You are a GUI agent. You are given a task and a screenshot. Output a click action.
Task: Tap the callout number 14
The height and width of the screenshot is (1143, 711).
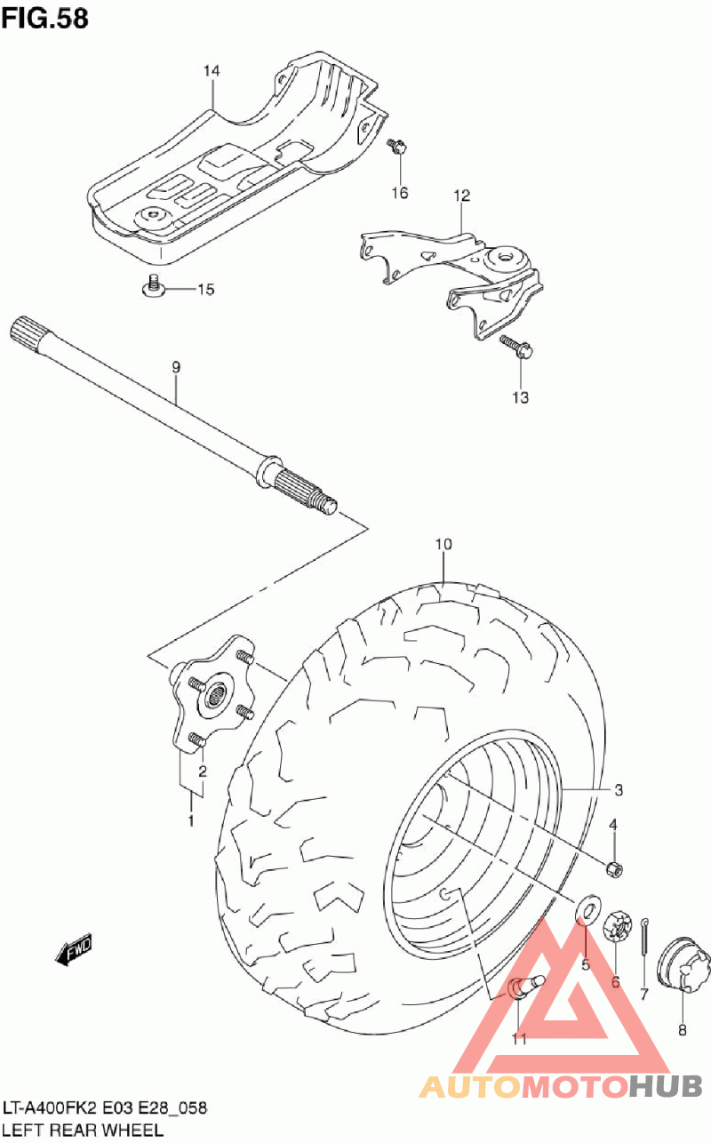click(x=210, y=71)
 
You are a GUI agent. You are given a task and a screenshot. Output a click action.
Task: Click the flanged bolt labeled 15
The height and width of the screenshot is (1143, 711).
click(x=153, y=288)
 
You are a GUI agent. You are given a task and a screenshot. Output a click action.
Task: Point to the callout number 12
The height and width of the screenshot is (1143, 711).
click(x=461, y=196)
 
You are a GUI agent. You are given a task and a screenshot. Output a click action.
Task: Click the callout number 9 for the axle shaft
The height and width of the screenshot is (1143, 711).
click(x=176, y=366)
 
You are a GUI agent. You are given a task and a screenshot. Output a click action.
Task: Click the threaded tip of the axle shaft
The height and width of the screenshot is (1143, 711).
click(x=327, y=505)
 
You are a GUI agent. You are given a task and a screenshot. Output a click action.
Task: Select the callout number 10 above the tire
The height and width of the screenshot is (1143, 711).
click(x=443, y=544)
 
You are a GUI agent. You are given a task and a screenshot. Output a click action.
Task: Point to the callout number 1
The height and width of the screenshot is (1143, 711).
click(x=190, y=819)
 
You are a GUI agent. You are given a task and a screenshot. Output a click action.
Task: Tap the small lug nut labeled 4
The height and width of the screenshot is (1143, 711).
click(x=612, y=868)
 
